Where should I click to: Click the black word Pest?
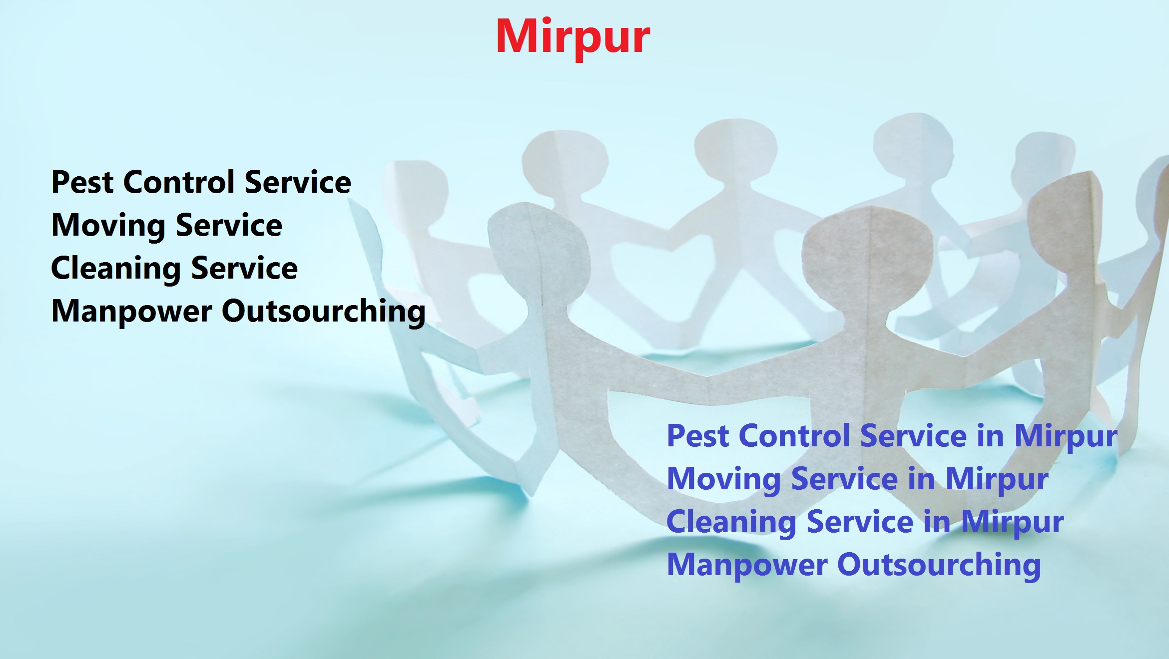pyautogui.click(x=82, y=182)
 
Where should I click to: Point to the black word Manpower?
pyautogui.click(x=131, y=312)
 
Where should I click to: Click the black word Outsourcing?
pyautogui.click(x=323, y=312)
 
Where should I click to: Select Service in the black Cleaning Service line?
pyautogui.click(x=244, y=269)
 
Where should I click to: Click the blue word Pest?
pyautogui.click(x=698, y=436)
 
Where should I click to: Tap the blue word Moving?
pyautogui.click(x=724, y=479)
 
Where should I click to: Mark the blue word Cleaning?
pyautogui.click(x=731, y=522)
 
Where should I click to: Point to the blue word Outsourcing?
pyautogui.click(x=939, y=565)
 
